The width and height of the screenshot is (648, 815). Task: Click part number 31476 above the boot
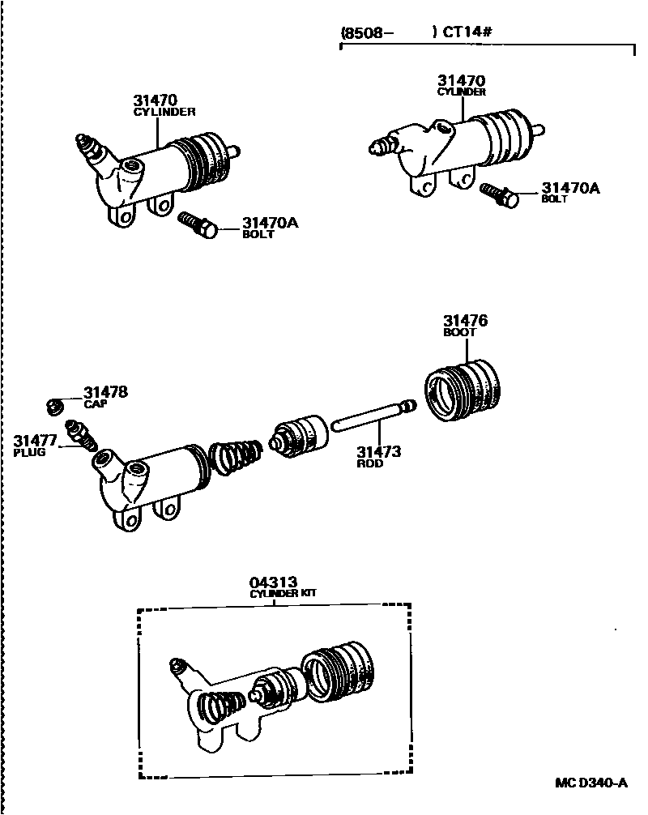coord(465,321)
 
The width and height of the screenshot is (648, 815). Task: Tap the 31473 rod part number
coord(378,452)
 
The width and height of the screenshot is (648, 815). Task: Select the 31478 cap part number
coord(105,393)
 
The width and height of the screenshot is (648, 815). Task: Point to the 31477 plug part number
coord(33,440)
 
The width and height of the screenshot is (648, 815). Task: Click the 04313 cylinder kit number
coord(273,582)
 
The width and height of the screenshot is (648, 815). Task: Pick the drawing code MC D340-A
coord(591,783)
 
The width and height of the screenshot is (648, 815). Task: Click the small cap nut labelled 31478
coord(56,404)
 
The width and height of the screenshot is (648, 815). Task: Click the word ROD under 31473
coord(369,464)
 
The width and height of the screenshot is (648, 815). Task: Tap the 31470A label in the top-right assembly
coord(571,188)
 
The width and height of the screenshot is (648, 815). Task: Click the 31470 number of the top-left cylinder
coord(156,101)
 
